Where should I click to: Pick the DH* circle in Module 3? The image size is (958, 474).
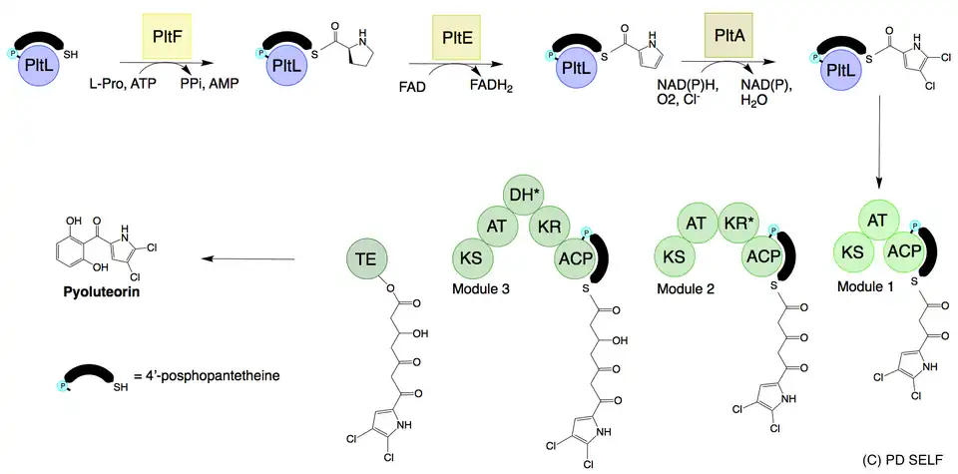tap(520, 198)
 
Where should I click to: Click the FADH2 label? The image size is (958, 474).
tap(492, 89)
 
